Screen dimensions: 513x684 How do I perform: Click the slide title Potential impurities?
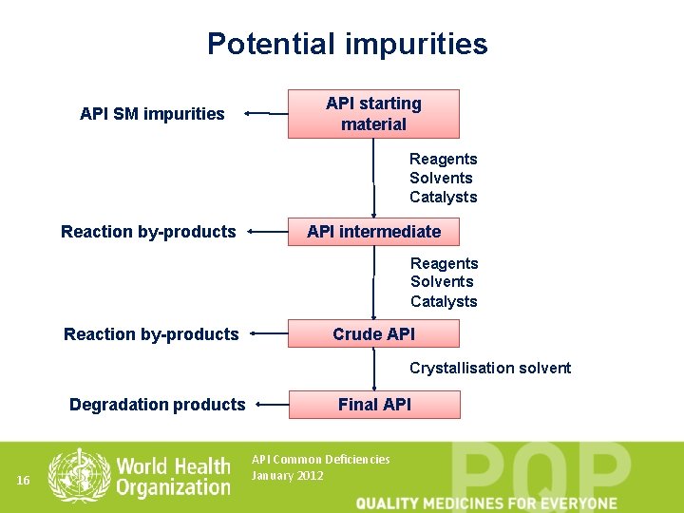347,44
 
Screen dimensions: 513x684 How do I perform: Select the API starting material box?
373,114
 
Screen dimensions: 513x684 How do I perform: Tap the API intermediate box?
373,232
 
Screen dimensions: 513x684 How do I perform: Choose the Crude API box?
373,333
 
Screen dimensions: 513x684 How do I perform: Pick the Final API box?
374,405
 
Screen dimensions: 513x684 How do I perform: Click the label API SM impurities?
152,114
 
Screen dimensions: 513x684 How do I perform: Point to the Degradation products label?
157,405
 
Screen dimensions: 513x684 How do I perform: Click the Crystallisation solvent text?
490,368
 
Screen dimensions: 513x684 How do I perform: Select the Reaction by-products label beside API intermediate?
148,232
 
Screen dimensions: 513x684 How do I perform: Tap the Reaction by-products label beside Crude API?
151,333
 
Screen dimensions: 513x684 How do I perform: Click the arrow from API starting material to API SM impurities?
266,114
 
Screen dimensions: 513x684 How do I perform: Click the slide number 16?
24,482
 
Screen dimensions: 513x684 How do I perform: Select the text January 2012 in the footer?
287,475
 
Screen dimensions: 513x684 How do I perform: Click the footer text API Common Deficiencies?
320,459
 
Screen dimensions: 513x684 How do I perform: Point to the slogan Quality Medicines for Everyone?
486,503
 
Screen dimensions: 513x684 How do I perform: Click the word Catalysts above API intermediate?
443,198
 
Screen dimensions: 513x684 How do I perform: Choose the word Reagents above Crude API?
444,263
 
